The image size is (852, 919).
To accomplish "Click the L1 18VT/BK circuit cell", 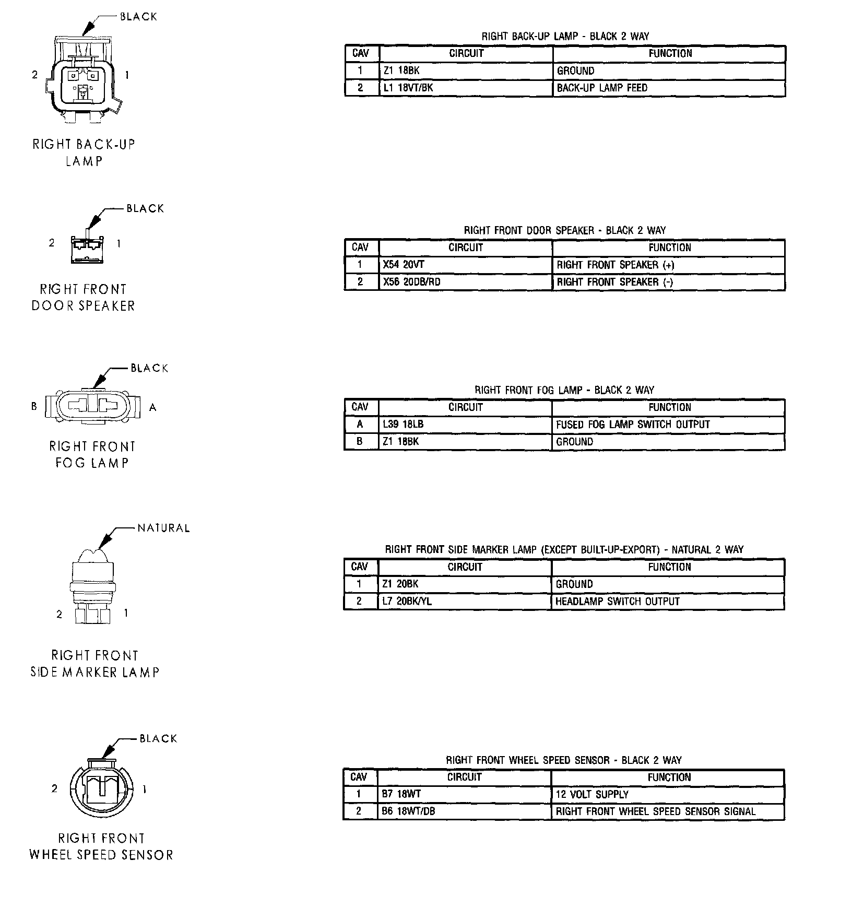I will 408,88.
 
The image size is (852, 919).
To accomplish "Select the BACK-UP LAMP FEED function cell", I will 601,88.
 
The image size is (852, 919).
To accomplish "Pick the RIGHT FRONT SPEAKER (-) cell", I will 614,282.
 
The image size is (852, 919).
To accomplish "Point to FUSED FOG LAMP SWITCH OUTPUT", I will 633,425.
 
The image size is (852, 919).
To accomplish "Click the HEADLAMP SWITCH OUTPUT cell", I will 617,601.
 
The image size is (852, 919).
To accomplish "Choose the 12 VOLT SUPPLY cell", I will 591,794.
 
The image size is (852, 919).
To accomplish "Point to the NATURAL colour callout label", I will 163,528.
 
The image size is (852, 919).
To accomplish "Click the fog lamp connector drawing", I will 93,407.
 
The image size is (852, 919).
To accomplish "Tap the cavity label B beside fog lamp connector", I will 34,406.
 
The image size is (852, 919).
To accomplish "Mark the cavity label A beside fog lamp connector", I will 153,407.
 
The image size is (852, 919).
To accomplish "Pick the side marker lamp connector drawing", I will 93,587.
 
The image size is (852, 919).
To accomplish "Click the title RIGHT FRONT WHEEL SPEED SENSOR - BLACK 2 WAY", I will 563,760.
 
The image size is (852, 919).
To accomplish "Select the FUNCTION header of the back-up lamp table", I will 670,53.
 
